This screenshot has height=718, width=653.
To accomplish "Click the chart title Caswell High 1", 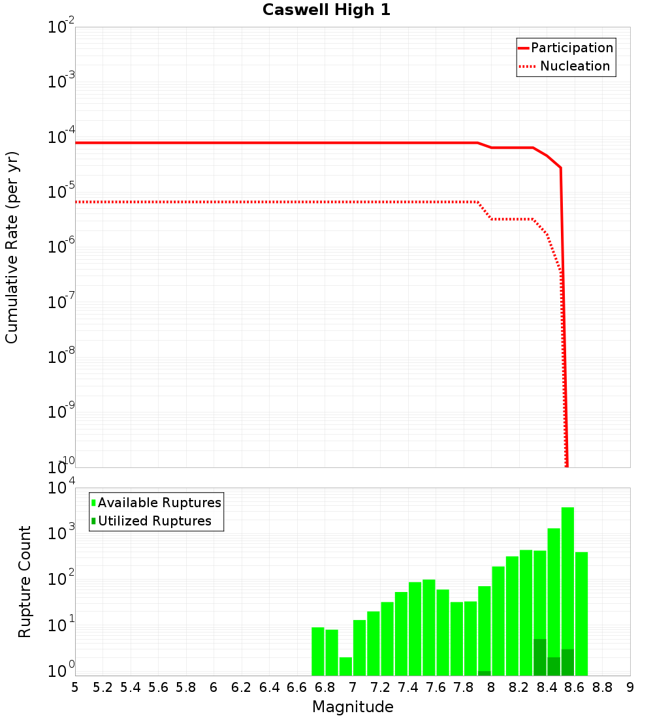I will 326,10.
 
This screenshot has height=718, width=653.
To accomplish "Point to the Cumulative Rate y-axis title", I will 12,247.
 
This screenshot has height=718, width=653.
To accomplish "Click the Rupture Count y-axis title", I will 25,581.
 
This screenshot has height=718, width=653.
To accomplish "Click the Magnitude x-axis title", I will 353,707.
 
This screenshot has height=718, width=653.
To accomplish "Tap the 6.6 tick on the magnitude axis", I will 297,687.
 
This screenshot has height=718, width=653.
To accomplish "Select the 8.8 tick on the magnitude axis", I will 603,687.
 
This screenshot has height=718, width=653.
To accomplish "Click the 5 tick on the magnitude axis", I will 75,687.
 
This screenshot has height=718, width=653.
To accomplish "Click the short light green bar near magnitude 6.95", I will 345,666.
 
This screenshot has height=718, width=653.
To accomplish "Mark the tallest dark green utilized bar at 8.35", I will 540,657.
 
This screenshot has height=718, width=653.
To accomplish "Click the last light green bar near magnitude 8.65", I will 581,614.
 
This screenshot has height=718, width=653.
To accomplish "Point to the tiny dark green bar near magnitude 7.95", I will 485,673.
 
